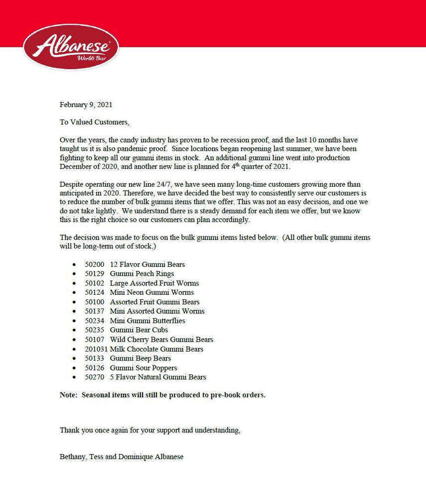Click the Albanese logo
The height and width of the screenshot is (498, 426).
(x=71, y=47)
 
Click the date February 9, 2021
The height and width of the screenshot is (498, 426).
(x=86, y=105)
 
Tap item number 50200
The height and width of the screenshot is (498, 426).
(x=94, y=264)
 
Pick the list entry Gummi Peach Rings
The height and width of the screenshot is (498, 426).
(x=142, y=273)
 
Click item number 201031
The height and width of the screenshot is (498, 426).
(x=96, y=349)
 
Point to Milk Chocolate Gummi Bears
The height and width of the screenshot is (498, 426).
(x=156, y=349)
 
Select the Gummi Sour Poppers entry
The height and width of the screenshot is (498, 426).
(x=143, y=368)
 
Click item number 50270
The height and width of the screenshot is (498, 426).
(x=94, y=377)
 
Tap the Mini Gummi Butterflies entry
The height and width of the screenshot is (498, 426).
(x=147, y=321)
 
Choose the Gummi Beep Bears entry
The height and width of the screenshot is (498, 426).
(x=141, y=359)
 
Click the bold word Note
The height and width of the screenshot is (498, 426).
(x=69, y=395)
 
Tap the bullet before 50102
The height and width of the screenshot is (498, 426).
(x=74, y=283)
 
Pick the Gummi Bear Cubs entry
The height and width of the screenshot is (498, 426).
(x=139, y=330)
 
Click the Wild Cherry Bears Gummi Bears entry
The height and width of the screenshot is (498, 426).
(x=161, y=340)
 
